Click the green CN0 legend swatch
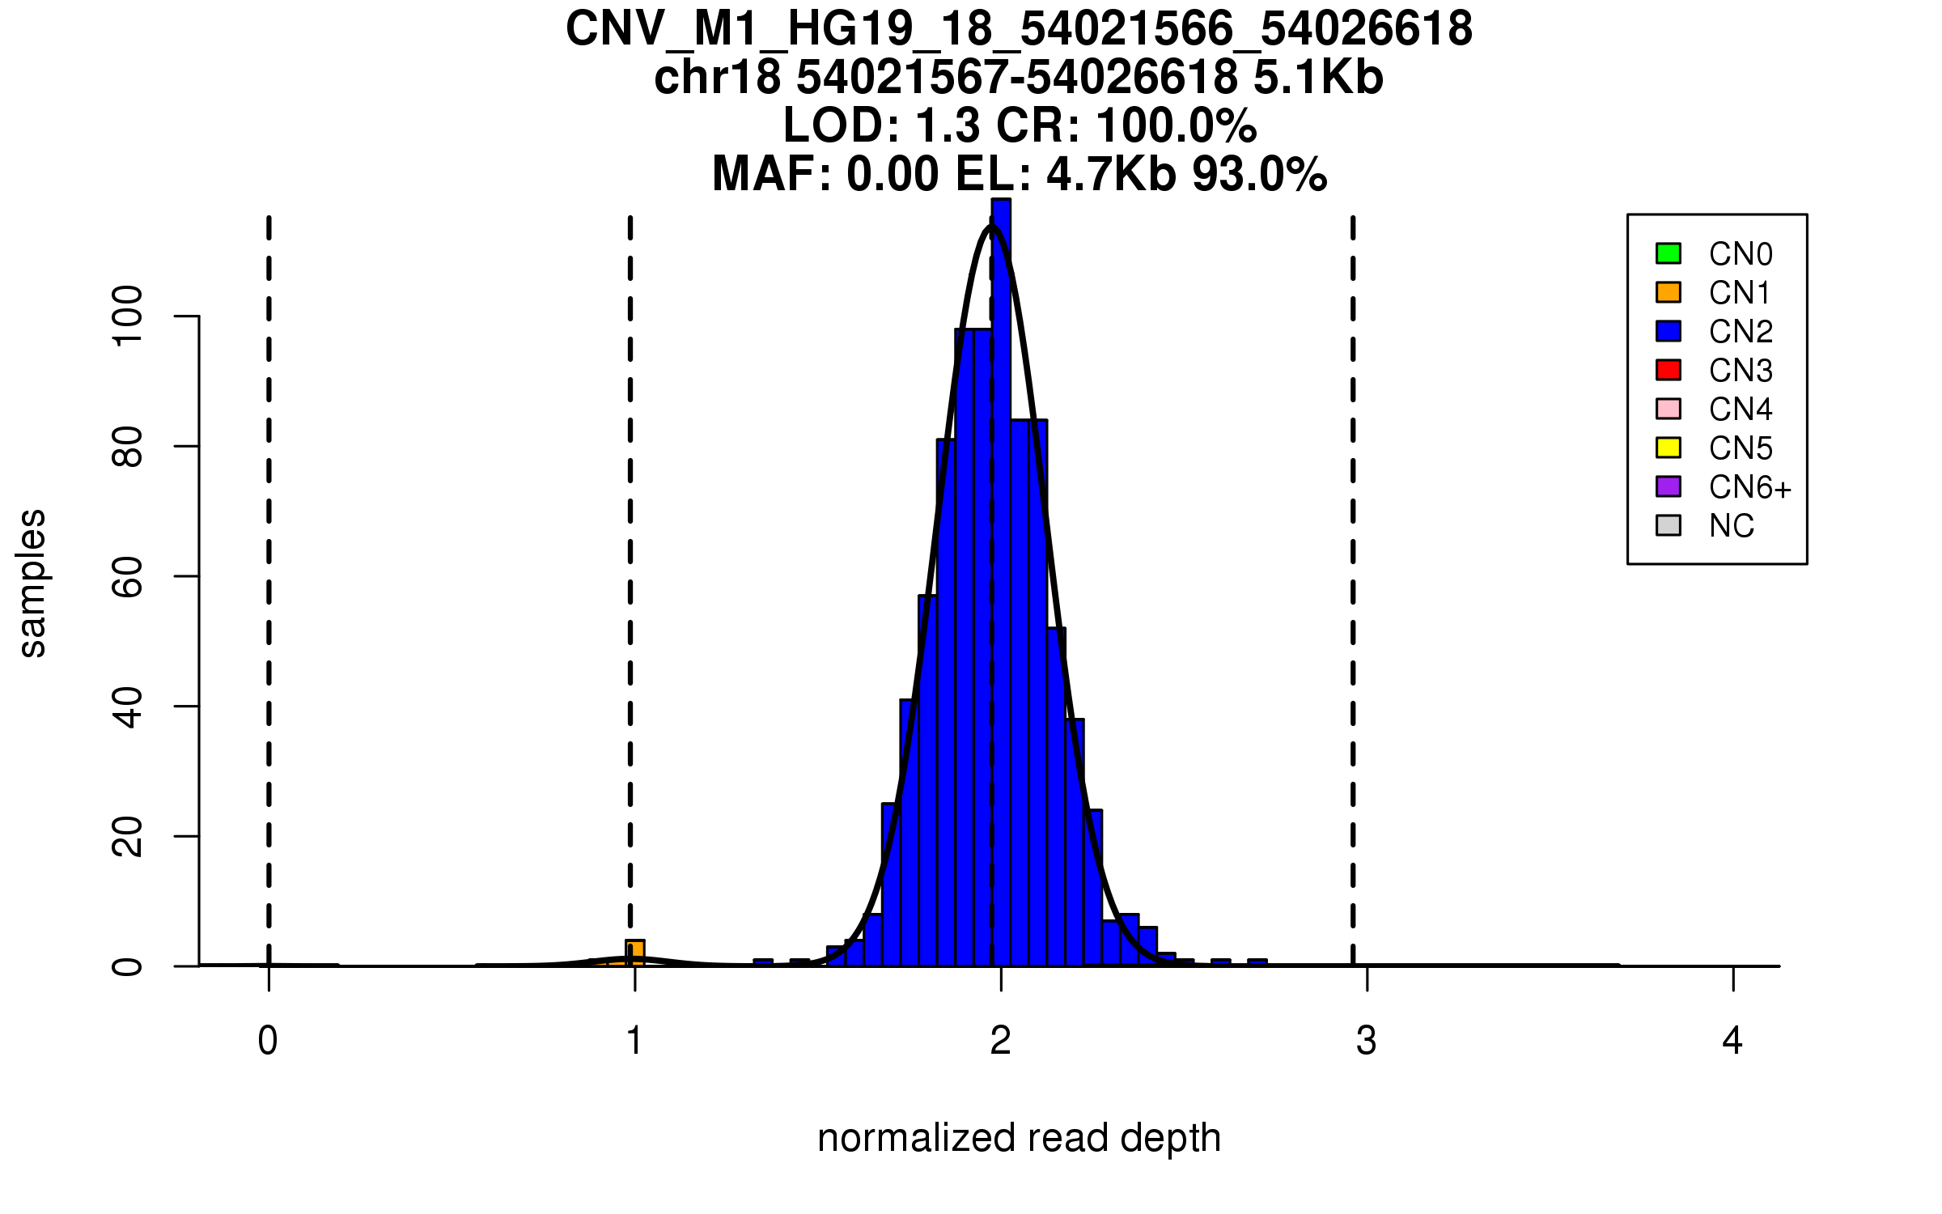1669,253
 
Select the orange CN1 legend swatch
1669,292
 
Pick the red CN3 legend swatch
1669,370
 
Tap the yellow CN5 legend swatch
1669,448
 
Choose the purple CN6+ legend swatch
1669,486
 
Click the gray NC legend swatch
1669,525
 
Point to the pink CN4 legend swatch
1669,409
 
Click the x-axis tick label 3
1367,1041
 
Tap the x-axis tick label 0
268,1041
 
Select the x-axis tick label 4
1732,1041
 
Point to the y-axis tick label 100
128,316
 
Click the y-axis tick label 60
128,576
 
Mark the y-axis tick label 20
128,836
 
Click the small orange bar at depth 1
635,953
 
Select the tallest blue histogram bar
1001,567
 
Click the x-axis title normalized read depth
1019,1138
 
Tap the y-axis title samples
32,583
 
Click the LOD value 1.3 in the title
948,126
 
